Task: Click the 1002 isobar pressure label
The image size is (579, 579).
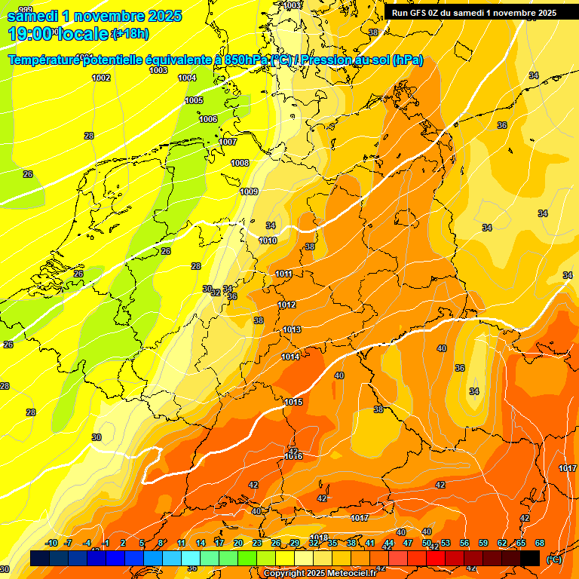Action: coord(101,78)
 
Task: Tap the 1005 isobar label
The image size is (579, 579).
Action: coord(194,100)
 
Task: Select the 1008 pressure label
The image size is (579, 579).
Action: coord(240,163)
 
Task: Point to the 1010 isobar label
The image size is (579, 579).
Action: coord(268,240)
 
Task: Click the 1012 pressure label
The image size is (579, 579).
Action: coord(286,305)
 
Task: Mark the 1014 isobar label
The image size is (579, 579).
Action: coord(290,357)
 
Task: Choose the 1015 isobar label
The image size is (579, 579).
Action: coord(293,402)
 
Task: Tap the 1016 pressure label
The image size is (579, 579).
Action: coord(293,456)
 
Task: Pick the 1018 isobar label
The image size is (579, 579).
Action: coord(319,538)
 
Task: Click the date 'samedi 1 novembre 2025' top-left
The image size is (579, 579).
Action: coord(94,16)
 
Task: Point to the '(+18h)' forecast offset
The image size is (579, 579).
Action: coord(130,34)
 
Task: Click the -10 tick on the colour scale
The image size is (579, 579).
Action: coord(51,543)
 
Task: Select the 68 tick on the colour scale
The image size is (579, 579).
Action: coord(540,543)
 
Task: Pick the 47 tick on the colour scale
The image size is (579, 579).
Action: coord(408,543)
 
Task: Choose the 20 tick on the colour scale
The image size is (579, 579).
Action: coord(238,543)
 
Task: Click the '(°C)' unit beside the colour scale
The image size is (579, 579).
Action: coord(553,559)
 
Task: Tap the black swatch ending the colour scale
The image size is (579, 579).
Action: coord(530,558)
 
